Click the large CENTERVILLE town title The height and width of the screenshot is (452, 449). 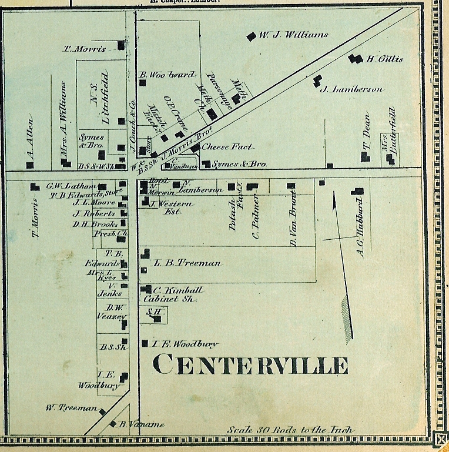pyautogui.click(x=250, y=365)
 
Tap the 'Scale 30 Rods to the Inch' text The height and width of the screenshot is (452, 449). pyautogui.click(x=290, y=430)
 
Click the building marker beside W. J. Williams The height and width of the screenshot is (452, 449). pyautogui.click(x=252, y=36)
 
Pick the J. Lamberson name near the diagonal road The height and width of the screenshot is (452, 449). pyautogui.click(x=351, y=89)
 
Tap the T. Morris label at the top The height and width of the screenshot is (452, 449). pyautogui.click(x=85, y=49)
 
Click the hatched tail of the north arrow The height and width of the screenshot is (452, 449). pyautogui.click(x=347, y=317)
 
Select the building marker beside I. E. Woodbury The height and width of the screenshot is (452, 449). pyautogui.click(x=145, y=343)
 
